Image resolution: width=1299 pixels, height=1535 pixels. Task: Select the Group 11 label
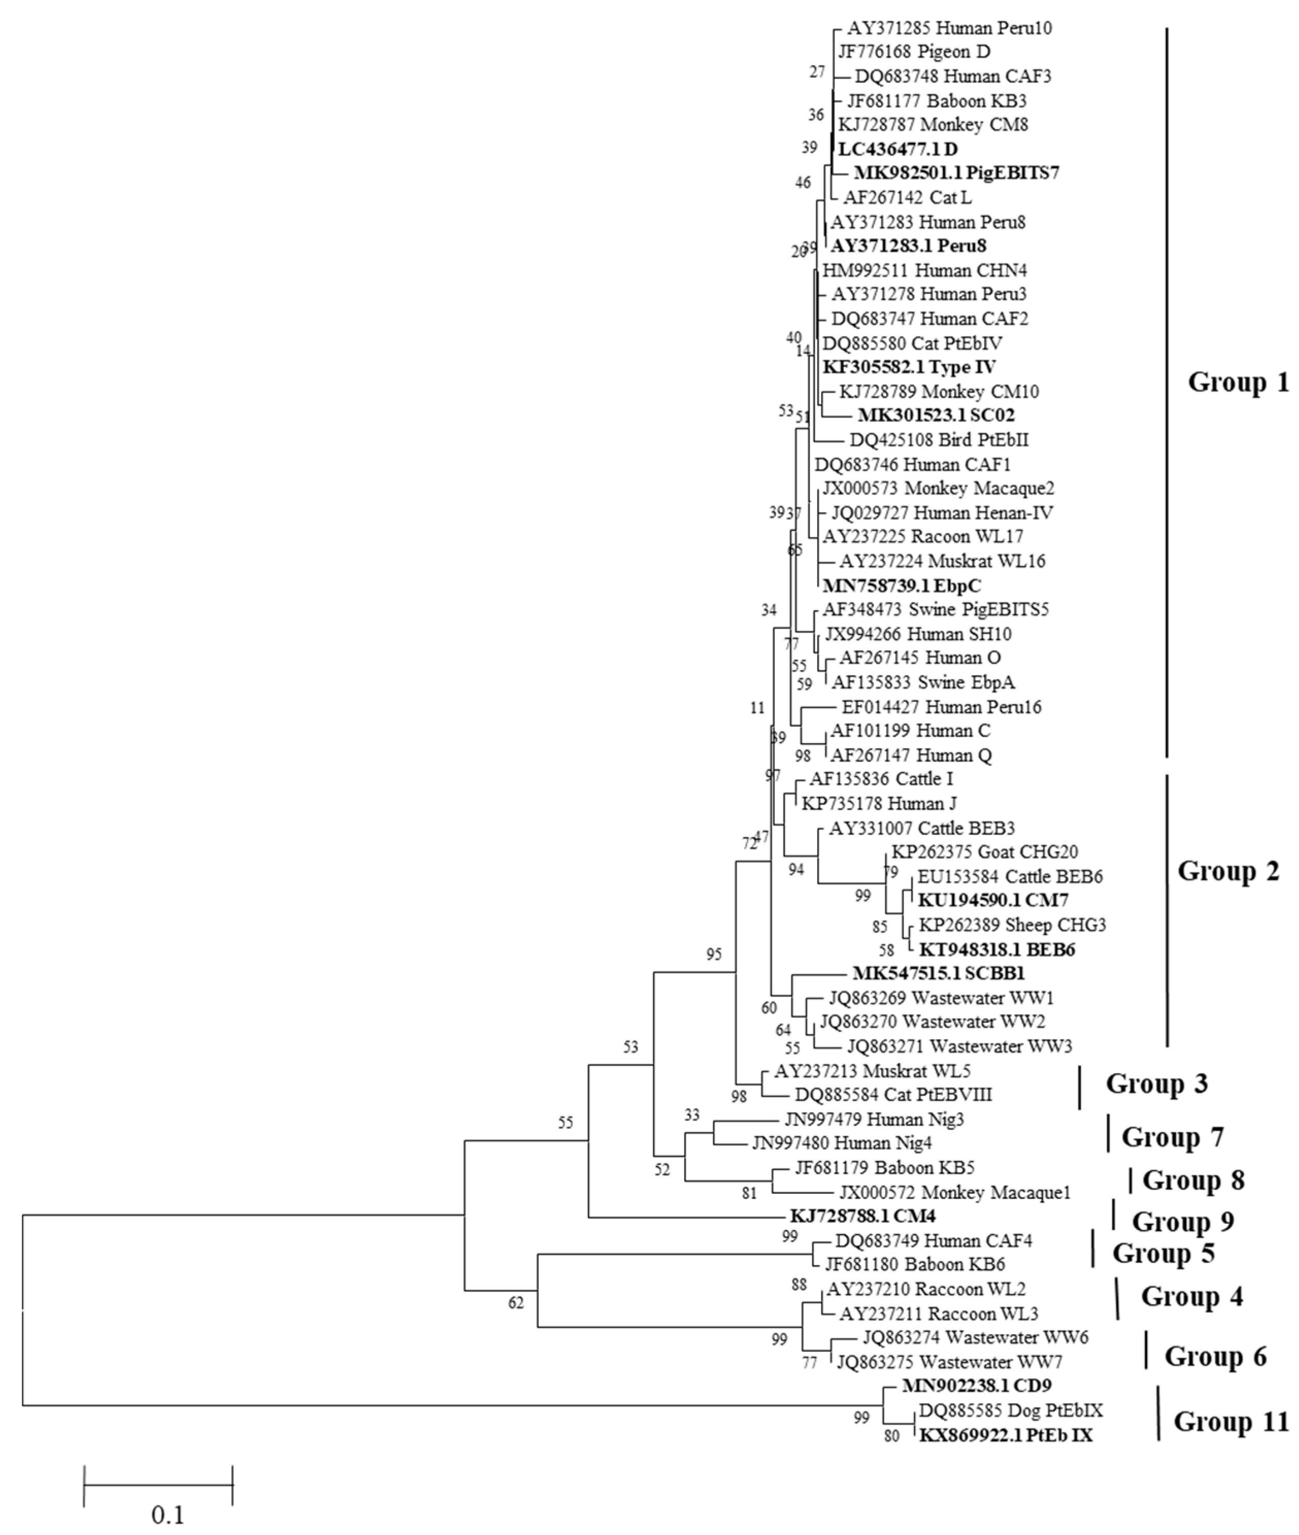pyautogui.click(x=1230, y=1421)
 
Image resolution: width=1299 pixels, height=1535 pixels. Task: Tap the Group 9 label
pyautogui.click(x=1183, y=1221)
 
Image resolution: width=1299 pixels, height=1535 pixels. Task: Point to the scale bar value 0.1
pyautogui.click(x=168, y=1514)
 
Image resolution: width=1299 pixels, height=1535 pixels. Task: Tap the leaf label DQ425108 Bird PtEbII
pyautogui.click(x=939, y=440)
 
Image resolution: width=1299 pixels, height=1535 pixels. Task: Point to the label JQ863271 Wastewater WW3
pyautogui.click(x=959, y=1046)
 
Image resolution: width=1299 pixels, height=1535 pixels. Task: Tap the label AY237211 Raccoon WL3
pyautogui.click(x=939, y=1313)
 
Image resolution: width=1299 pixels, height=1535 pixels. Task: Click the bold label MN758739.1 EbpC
pyautogui.click(x=902, y=586)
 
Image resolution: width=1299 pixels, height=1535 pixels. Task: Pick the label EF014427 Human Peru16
pyautogui.click(x=941, y=707)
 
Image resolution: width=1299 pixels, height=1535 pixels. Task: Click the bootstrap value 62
pyautogui.click(x=515, y=1303)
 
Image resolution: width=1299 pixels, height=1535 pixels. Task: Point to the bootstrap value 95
pyautogui.click(x=713, y=954)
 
